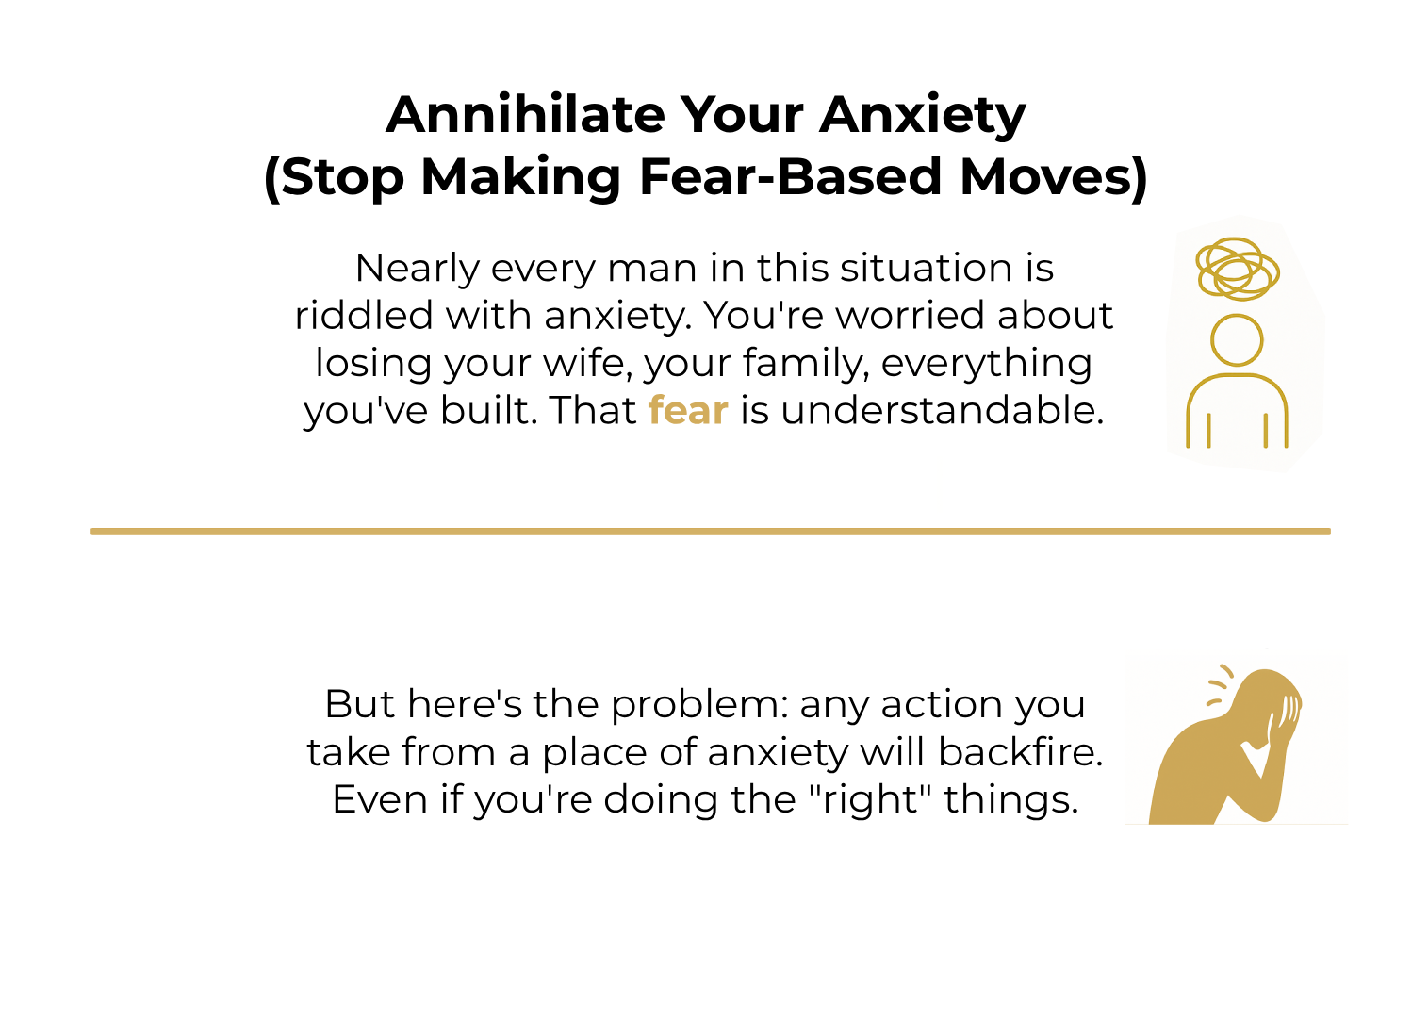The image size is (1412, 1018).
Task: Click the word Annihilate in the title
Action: tap(525, 115)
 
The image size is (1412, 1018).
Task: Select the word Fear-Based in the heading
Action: tap(790, 176)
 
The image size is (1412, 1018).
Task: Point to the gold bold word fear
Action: tap(688, 410)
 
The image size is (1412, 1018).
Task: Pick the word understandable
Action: tap(941, 410)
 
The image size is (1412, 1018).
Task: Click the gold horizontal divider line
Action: tap(710, 532)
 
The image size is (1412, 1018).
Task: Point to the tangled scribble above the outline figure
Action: tap(1237, 269)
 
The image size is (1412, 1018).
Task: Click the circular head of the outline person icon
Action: tap(1236, 340)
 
